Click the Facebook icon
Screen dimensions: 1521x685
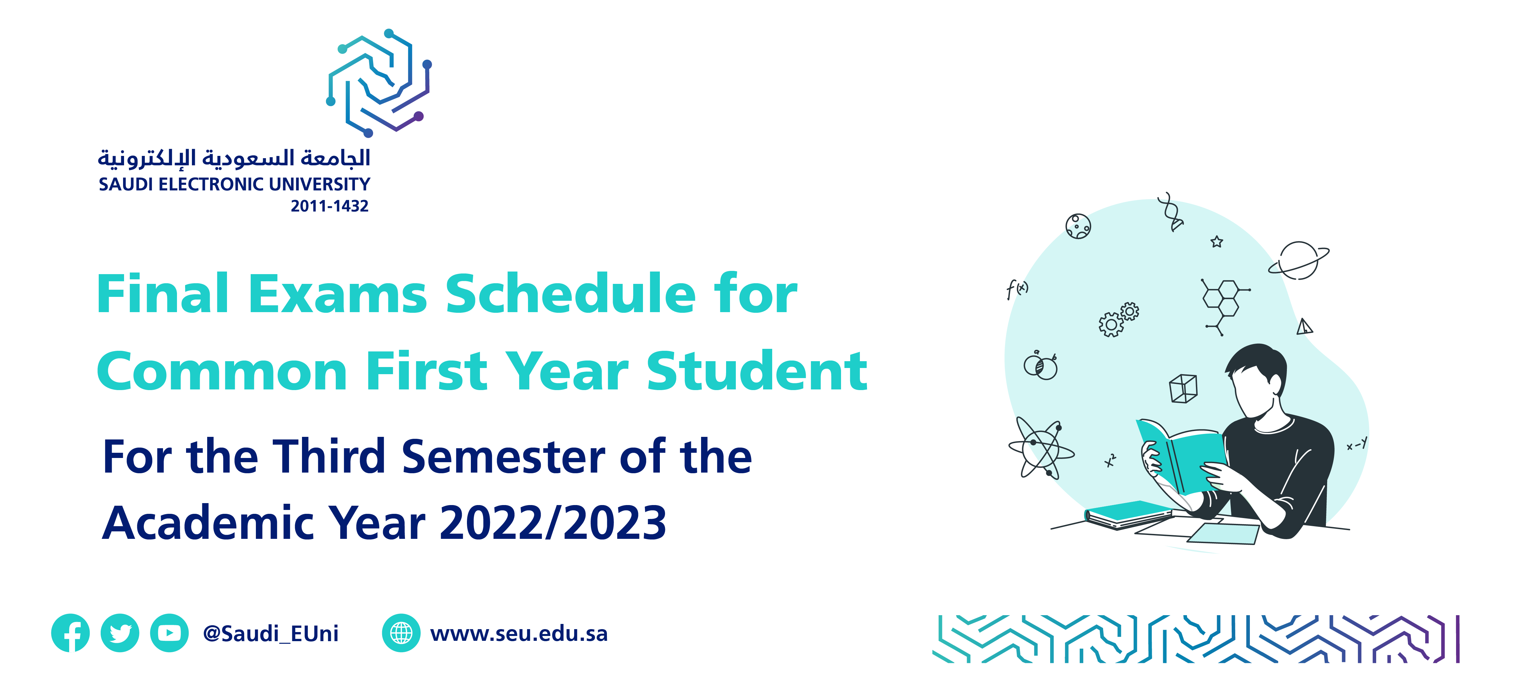pyautogui.click(x=70, y=633)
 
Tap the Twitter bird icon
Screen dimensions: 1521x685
pyautogui.click(x=120, y=633)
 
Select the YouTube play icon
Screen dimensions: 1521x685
pyautogui.click(x=170, y=633)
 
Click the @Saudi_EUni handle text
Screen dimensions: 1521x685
pyautogui.click(x=270, y=634)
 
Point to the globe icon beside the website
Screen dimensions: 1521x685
pyautogui.click(x=401, y=633)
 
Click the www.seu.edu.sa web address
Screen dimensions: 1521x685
pyautogui.click(x=519, y=634)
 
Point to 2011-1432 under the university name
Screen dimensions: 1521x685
pyautogui.click(x=330, y=206)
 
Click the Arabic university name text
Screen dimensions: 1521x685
pyautogui.click(x=234, y=158)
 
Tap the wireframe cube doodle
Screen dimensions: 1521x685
pyautogui.click(x=1183, y=388)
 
